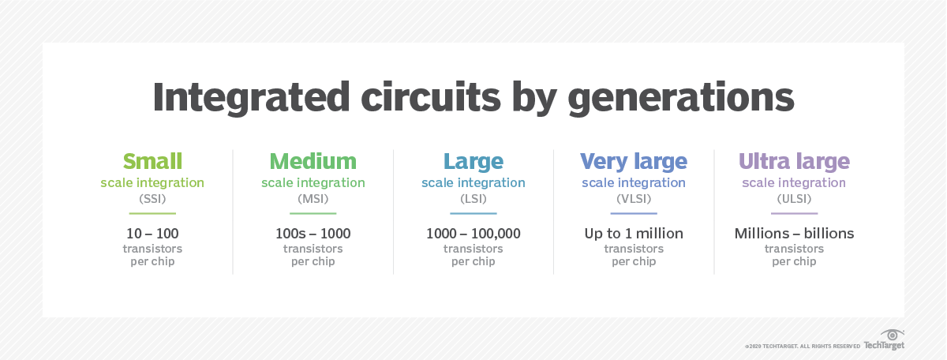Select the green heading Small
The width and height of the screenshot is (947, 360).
(x=152, y=162)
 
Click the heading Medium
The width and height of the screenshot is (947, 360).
(x=313, y=162)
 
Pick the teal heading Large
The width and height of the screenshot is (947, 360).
(x=473, y=162)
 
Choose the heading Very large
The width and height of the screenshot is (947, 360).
(x=634, y=162)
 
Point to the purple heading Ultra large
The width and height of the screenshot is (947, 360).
(x=794, y=162)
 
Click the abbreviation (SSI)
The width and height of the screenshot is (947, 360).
(x=152, y=199)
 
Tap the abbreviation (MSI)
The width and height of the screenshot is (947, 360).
(x=313, y=199)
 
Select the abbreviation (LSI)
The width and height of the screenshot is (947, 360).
(x=473, y=199)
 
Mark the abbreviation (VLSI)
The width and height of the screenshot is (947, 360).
(x=634, y=199)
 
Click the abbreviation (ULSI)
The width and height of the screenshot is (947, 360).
(x=794, y=199)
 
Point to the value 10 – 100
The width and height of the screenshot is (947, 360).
(x=152, y=234)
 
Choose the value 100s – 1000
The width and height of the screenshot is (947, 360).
(x=313, y=234)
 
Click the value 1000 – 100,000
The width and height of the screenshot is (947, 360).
(x=473, y=234)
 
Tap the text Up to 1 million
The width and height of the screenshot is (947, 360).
(x=634, y=234)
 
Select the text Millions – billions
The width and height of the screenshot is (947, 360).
(x=794, y=234)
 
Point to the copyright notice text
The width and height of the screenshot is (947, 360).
(x=802, y=346)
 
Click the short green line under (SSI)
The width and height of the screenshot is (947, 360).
(x=152, y=213)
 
